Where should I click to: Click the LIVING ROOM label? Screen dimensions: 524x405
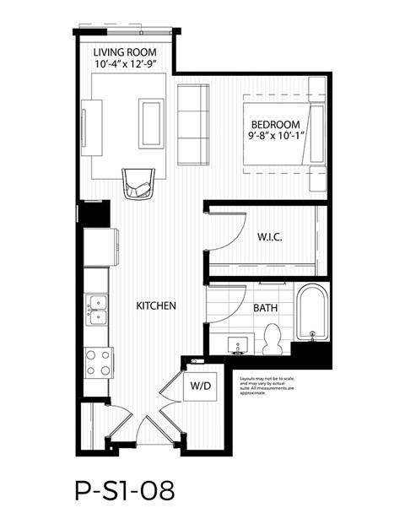[127, 51]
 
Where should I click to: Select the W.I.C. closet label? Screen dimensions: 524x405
[269, 238]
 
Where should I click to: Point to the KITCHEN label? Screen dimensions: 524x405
[156, 305]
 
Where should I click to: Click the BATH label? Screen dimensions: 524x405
[266, 308]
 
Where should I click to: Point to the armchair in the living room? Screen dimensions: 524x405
[138, 182]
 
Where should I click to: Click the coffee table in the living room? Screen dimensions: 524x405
[152, 123]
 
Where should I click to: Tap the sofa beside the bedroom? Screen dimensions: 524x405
[192, 125]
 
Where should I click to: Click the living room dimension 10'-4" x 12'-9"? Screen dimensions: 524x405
[127, 63]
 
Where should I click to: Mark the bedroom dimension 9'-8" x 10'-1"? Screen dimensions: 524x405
[278, 134]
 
